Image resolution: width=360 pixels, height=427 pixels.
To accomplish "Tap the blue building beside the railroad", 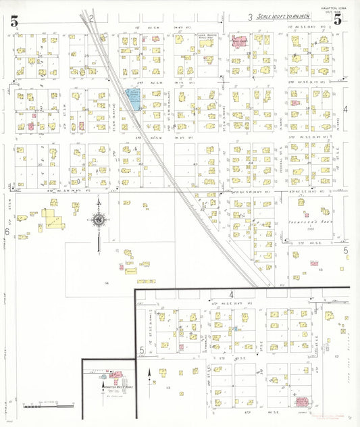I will tap(134, 99).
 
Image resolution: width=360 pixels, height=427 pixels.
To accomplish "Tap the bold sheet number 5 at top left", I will tap(14, 22).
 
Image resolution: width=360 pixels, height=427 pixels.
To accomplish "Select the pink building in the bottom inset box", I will tap(115, 373).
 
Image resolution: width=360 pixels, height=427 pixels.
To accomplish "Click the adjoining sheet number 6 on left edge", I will tap(7, 232).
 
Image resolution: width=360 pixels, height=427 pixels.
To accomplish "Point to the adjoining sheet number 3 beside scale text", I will tap(249, 17).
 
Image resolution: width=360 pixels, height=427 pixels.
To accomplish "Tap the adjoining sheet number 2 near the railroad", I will tap(90, 18).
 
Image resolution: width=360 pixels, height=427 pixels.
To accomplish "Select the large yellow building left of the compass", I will tap(50, 218).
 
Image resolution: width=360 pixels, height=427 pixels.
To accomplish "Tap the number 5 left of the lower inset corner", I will tap(141, 349).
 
